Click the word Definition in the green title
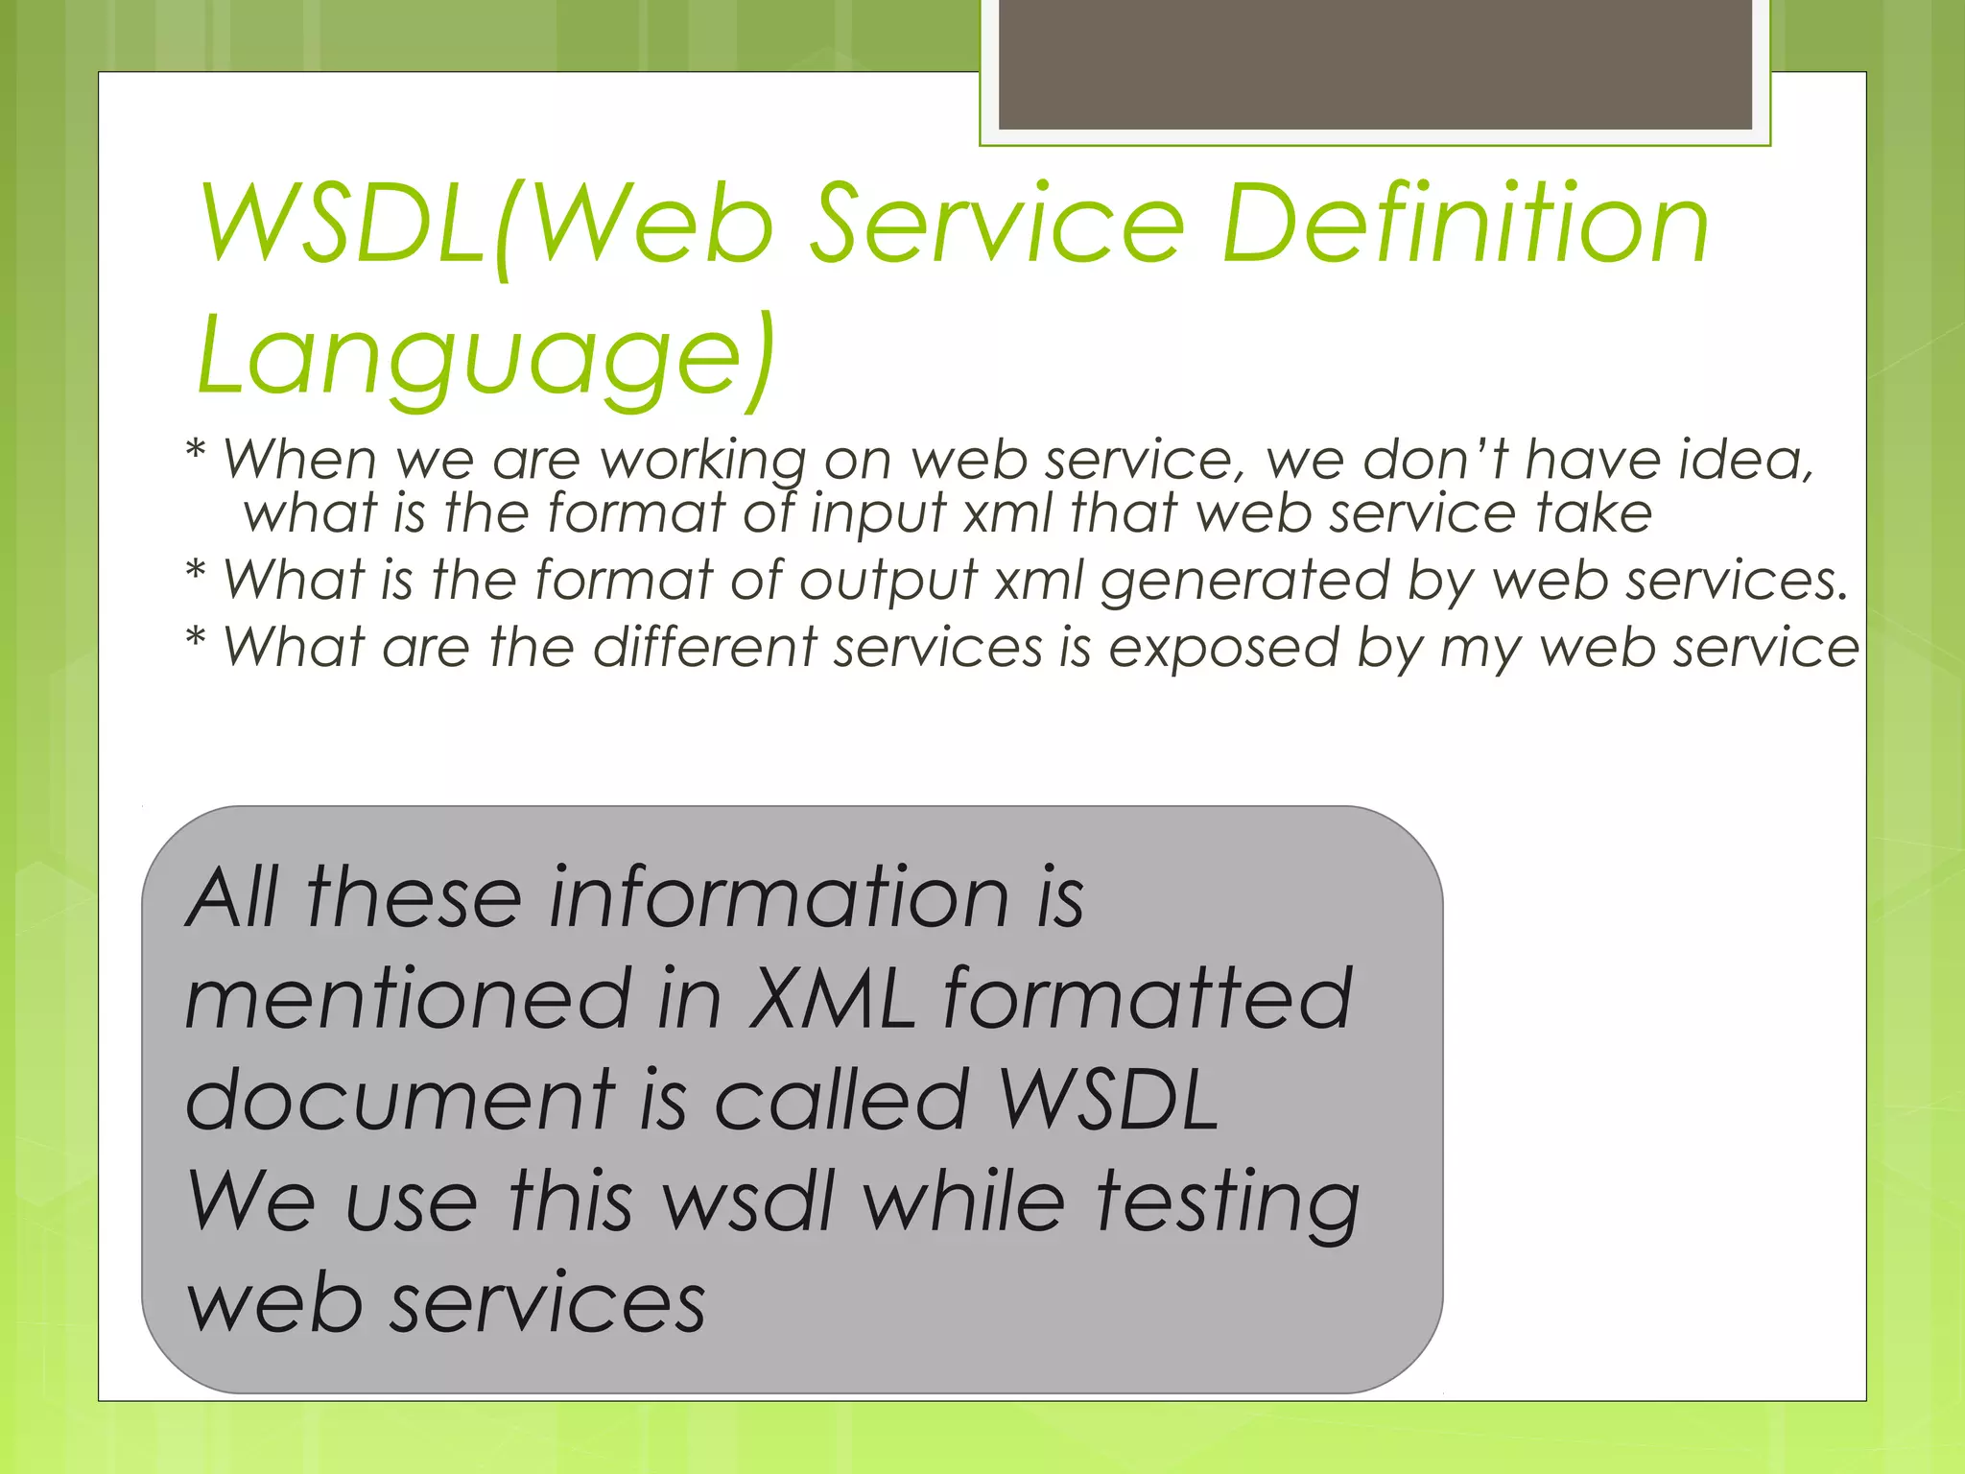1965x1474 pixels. [1465, 226]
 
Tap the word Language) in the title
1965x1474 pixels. [485, 357]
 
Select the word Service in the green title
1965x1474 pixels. [998, 226]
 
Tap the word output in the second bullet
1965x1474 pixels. [888, 582]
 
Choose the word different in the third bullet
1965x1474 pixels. [704, 647]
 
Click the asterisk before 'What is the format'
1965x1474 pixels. [196, 573]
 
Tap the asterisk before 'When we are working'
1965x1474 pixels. [196, 451]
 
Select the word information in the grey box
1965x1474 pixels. [778, 898]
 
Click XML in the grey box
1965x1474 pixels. [832, 999]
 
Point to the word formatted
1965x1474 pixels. [1148, 999]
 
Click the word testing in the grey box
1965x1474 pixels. [1227, 1203]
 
